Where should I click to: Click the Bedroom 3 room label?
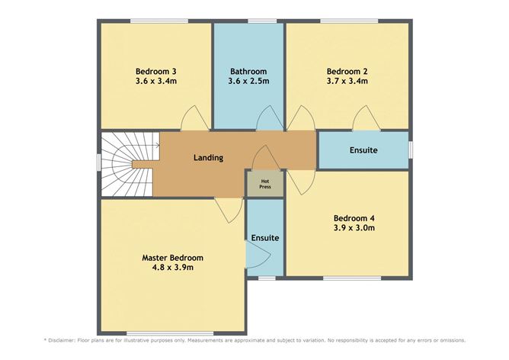[x=155, y=71]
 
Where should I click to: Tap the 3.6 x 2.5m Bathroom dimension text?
[x=248, y=81]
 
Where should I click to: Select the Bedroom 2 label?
[x=347, y=71]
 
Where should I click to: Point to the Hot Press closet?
[x=265, y=184]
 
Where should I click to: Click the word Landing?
[x=209, y=158]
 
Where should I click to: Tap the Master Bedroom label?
[x=173, y=258]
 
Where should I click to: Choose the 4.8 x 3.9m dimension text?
[x=173, y=268]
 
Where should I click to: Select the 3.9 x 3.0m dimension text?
[x=354, y=228]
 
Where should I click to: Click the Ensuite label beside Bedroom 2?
[x=363, y=150]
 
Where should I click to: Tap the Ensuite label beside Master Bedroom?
[x=265, y=238]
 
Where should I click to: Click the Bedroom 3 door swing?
[x=195, y=118]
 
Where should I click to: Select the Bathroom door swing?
[x=269, y=118]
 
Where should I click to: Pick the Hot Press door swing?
[x=266, y=157]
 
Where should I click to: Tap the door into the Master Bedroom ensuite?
[x=258, y=255]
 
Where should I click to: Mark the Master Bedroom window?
[x=170, y=333]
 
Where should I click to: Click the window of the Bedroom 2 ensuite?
[x=410, y=149]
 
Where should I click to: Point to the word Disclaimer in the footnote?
[x=62, y=340]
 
